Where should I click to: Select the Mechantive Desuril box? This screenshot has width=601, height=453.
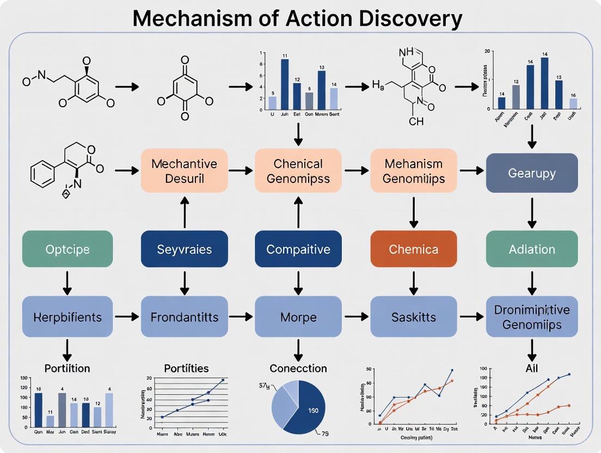(x=184, y=170)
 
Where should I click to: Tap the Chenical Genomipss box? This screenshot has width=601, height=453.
(x=298, y=170)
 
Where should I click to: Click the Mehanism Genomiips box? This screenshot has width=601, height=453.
(x=414, y=170)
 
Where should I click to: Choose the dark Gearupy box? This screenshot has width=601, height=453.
(x=532, y=173)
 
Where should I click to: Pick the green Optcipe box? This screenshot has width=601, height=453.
(x=68, y=249)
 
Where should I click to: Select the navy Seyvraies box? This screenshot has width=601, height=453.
(x=184, y=249)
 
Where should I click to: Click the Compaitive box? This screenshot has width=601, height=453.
(x=298, y=249)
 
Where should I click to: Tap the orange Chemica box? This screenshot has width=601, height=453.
(x=414, y=249)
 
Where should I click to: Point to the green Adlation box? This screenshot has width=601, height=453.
(x=532, y=249)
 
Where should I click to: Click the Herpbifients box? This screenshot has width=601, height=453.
(x=68, y=316)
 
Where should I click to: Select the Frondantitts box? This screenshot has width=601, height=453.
(x=184, y=316)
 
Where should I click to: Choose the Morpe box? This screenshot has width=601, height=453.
(x=298, y=316)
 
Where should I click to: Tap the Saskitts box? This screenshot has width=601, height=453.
(x=414, y=316)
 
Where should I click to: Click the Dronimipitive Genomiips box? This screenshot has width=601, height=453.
(x=532, y=316)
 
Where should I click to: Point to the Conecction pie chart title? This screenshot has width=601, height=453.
(x=298, y=368)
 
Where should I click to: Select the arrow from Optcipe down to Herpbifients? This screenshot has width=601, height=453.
(x=68, y=281)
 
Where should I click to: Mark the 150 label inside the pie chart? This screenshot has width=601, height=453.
(x=312, y=409)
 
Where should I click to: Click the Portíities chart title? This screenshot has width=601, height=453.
(x=186, y=368)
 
